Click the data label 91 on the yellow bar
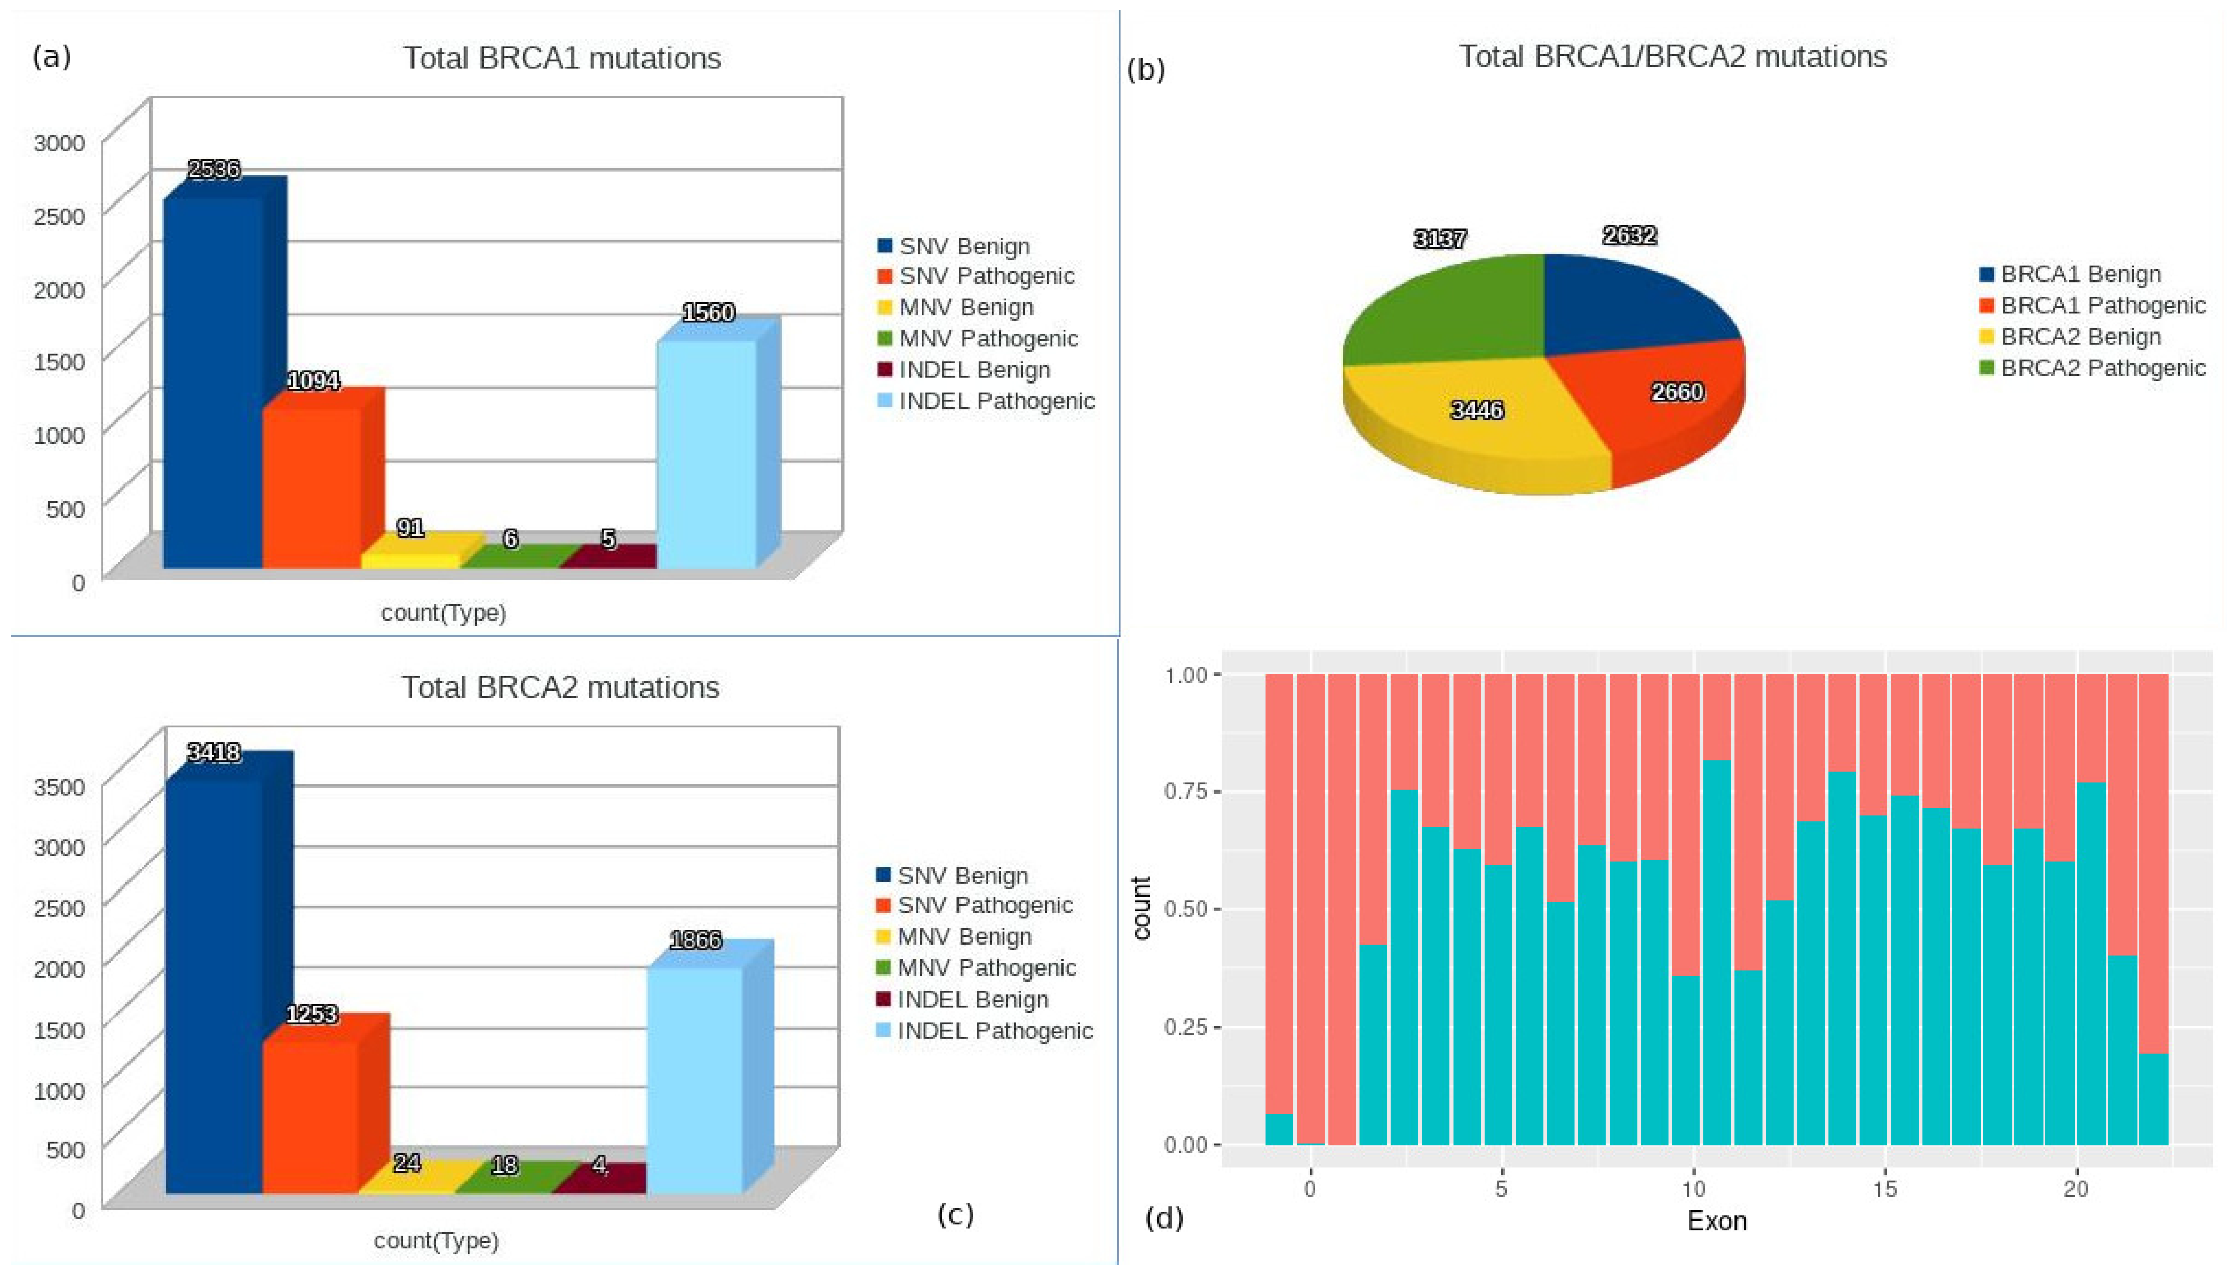point(410,527)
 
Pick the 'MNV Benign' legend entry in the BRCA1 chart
point(966,308)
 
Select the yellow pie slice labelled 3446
point(1481,421)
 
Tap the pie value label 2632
point(1629,236)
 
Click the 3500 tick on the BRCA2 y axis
point(60,786)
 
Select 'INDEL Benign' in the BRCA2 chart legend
point(972,1000)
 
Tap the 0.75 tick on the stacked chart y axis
point(1185,792)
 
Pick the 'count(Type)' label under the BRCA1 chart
point(443,613)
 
